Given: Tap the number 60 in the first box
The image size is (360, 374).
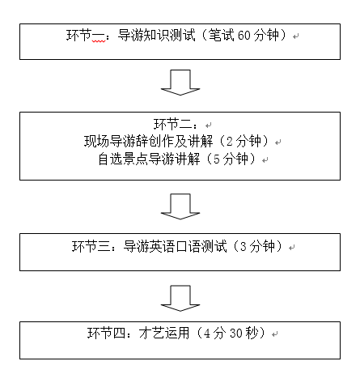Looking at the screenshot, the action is [x=244, y=36].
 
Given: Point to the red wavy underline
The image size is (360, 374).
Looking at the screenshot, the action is [x=99, y=41].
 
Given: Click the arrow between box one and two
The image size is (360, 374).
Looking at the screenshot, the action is [x=180, y=83].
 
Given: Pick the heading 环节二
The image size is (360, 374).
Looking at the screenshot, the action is [x=173, y=125].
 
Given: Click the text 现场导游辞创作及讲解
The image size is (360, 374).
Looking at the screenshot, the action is [x=149, y=141].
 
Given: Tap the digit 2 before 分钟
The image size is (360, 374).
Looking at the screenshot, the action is [x=230, y=142].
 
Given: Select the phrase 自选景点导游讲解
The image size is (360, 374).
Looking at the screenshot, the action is [x=149, y=159].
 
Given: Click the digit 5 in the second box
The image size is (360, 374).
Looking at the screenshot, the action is [x=217, y=159].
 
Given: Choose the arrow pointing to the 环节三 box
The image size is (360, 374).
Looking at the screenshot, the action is [x=180, y=206].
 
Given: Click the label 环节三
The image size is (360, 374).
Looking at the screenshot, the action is [x=91, y=246].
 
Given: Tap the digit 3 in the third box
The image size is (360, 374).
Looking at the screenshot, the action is [x=244, y=247].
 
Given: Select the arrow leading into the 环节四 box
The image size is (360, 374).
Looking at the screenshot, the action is [x=180, y=298].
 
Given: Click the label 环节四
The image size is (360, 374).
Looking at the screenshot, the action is [x=107, y=334].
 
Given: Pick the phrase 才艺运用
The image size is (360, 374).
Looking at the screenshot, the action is [x=164, y=334].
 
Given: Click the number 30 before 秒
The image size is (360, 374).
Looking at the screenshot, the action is [x=236, y=334].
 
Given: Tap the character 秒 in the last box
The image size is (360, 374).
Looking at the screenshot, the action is [x=252, y=334].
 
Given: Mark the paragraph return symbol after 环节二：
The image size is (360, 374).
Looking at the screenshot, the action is [x=208, y=125].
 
